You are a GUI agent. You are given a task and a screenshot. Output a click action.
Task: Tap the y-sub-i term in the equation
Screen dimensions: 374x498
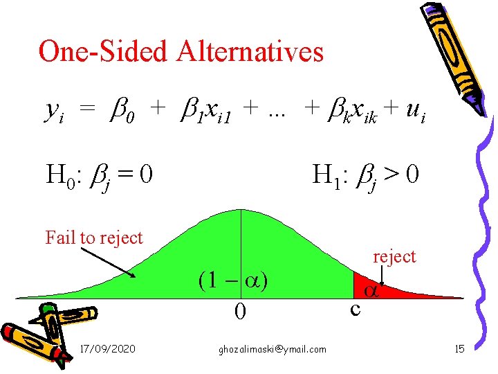(53, 109)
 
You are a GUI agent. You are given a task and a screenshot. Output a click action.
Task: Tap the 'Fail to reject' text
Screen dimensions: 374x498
(94, 238)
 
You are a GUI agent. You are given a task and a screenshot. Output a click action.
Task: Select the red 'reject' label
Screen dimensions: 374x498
(394, 256)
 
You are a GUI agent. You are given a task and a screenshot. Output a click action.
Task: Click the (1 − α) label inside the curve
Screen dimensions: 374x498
(232, 280)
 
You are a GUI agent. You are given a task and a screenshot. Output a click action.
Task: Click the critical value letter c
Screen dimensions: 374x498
(355, 308)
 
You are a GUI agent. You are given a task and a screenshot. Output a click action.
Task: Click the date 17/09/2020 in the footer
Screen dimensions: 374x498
(108, 349)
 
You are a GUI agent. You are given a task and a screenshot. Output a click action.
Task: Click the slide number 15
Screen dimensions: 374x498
(459, 348)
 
